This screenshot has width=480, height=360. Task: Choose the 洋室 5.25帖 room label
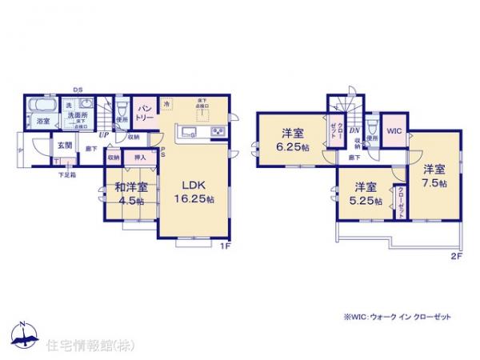pyautogui.click(x=366, y=194)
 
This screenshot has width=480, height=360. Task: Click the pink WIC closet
pyautogui.click(x=394, y=130)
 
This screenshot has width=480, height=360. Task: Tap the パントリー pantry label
pyautogui.click(x=144, y=112)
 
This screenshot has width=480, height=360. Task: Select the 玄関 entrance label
pyautogui.click(x=65, y=146)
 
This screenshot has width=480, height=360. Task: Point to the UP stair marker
pyautogui.click(x=104, y=135)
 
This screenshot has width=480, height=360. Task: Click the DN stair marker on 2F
pyautogui.click(x=353, y=130)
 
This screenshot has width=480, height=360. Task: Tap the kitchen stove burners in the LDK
pyautogui.click(x=217, y=132)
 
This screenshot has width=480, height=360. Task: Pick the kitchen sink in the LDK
pyautogui.click(x=190, y=132)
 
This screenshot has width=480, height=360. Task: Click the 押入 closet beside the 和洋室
pyautogui.click(x=138, y=158)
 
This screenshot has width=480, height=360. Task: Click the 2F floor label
pyautogui.click(x=457, y=256)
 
